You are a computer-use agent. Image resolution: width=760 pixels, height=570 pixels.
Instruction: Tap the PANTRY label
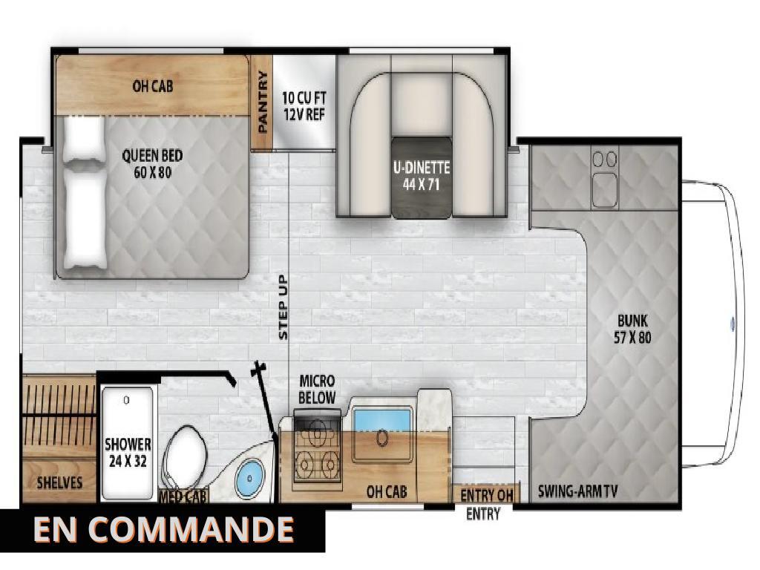[x=262, y=102]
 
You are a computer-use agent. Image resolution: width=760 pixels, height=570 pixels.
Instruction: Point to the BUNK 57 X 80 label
[x=633, y=328]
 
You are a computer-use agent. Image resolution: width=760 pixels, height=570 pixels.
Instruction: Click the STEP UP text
[x=283, y=307]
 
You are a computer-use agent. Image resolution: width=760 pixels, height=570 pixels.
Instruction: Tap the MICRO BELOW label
[x=317, y=389]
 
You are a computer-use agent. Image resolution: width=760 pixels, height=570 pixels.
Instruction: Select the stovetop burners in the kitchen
[x=316, y=453]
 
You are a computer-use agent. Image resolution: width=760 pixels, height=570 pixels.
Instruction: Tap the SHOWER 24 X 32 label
[x=128, y=451]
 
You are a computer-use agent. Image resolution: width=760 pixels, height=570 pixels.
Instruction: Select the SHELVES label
[x=59, y=483]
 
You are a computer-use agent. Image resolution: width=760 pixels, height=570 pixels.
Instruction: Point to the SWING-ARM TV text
[x=579, y=492]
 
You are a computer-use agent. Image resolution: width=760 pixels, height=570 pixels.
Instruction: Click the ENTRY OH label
[x=487, y=495]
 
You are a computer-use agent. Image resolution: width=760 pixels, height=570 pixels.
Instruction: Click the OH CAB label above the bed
[x=152, y=86]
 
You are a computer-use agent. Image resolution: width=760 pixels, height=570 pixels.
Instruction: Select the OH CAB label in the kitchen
[x=386, y=491]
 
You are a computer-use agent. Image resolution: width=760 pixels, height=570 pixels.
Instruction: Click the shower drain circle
[x=126, y=400]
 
